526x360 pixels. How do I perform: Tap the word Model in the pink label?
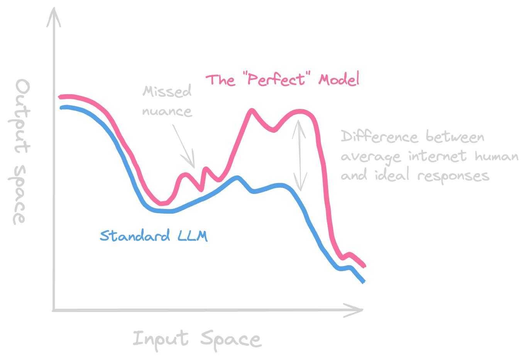click(339, 80)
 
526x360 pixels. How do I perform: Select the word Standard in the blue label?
click(135, 235)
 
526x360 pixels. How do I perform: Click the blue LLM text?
click(193, 235)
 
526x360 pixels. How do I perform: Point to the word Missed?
click(167, 92)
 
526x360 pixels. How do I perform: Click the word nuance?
click(167, 111)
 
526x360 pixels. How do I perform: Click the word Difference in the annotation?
click(379, 137)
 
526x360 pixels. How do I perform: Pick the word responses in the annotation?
click(453, 176)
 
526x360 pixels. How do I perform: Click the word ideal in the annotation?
click(392, 176)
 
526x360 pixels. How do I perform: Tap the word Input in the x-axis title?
click(161, 339)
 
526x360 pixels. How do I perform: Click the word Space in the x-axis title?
click(231, 339)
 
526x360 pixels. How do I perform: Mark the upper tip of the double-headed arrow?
click(298, 122)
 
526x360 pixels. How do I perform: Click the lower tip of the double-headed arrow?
click(300, 189)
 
